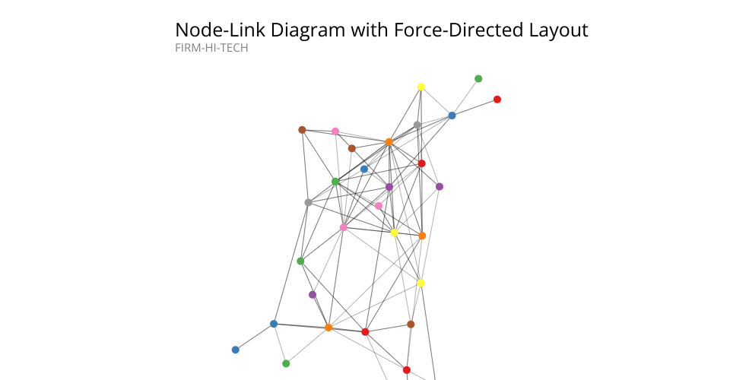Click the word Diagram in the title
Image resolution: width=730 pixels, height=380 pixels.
(x=308, y=30)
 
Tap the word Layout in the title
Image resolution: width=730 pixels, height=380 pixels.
(x=558, y=30)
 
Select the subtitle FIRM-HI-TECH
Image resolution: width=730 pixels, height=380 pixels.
(x=211, y=48)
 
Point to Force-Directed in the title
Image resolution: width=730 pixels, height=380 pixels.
(x=459, y=30)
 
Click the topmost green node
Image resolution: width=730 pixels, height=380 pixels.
(x=478, y=78)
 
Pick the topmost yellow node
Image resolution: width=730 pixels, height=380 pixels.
(x=421, y=87)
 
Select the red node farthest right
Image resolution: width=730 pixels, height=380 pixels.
(x=497, y=99)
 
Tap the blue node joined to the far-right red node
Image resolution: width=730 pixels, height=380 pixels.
(x=452, y=116)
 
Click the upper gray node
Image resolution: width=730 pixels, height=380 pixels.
(x=417, y=125)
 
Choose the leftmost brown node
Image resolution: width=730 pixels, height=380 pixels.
(x=302, y=130)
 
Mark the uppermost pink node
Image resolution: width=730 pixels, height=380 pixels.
(x=335, y=131)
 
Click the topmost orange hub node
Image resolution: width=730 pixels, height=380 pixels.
(x=389, y=142)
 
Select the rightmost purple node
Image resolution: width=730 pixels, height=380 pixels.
(x=440, y=186)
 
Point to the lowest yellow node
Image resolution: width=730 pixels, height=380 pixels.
(x=421, y=283)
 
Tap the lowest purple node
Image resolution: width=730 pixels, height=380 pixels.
(x=313, y=294)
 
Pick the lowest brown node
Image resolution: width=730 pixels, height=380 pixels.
(x=411, y=325)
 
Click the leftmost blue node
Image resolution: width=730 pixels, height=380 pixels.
(x=236, y=350)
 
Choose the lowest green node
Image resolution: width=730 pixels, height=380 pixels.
(x=286, y=364)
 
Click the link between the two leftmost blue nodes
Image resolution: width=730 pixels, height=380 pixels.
(x=255, y=337)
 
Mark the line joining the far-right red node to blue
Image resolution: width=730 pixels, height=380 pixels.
(x=474, y=107)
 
